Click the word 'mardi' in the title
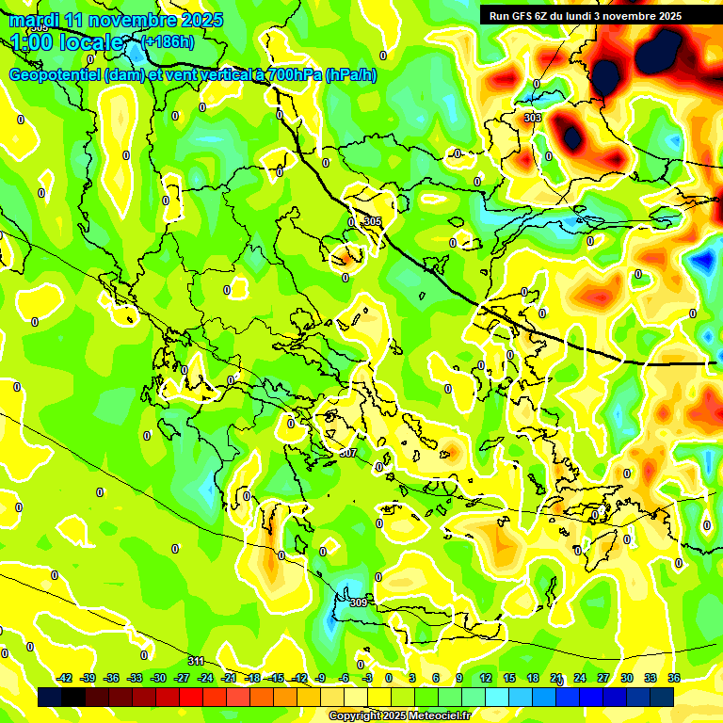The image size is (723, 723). click(33, 20)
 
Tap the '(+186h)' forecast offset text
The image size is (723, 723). click(168, 42)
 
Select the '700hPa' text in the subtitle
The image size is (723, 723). click(292, 75)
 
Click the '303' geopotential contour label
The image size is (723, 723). click(532, 118)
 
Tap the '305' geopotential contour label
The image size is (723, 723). click(373, 222)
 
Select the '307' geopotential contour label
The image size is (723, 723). click(348, 453)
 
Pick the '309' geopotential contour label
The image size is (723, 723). click(358, 602)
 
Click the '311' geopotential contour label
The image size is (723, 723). click(196, 661)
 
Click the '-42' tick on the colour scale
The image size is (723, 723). click(64, 678)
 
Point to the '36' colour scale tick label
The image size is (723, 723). click(674, 678)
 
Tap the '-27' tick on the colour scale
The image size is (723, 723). click(182, 678)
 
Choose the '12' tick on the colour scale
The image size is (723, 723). click(485, 678)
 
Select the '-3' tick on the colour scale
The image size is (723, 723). click(368, 678)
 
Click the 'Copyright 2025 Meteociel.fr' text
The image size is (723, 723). click(399, 715)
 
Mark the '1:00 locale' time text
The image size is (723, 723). click(67, 42)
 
